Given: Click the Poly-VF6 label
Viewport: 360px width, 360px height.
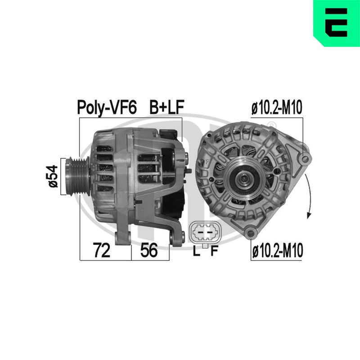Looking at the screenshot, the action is click(x=107, y=108).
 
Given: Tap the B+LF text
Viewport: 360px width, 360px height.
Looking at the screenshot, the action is click(x=166, y=107).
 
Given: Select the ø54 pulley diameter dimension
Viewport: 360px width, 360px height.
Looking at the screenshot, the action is click(x=53, y=176).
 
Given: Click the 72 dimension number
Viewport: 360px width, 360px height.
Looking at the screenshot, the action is click(x=102, y=250).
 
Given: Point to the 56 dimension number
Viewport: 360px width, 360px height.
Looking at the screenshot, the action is click(x=149, y=250).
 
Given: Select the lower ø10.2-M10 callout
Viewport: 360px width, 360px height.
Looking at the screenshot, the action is click(x=277, y=251).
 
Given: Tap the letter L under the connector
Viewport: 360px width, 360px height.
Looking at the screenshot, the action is click(x=196, y=251).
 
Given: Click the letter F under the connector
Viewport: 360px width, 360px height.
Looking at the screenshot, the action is click(x=214, y=251).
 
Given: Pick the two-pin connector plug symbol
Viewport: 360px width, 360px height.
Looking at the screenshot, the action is click(x=205, y=232).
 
